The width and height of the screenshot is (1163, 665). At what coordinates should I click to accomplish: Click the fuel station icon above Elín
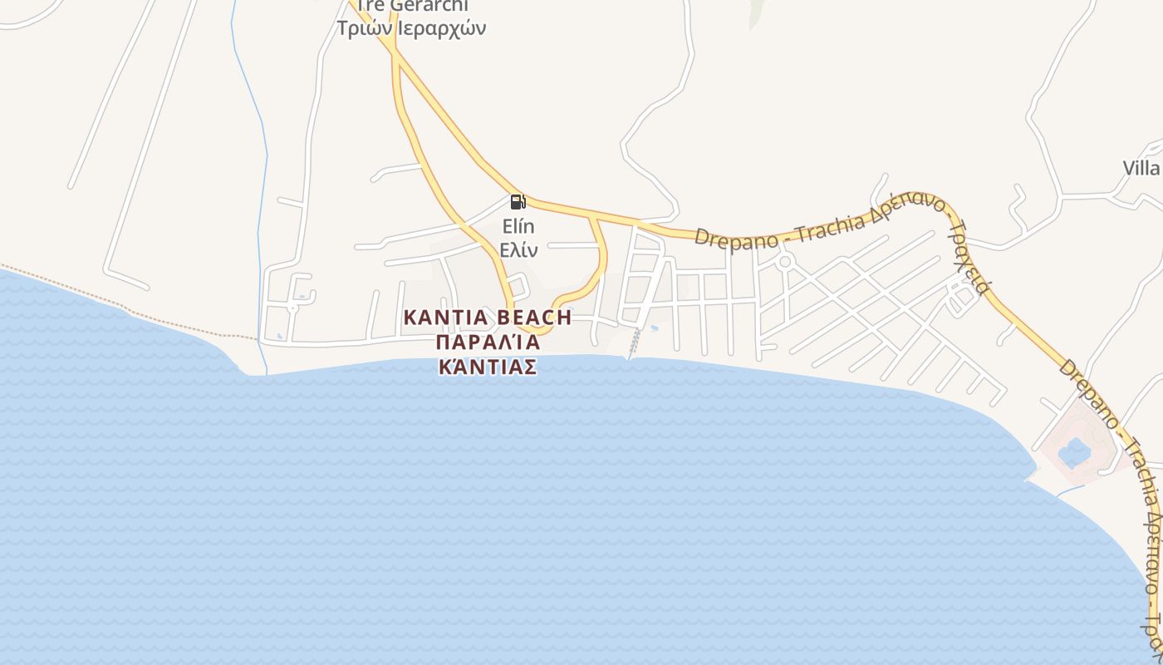[x=517, y=201]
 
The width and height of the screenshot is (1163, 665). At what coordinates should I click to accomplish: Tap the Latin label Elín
[x=518, y=226]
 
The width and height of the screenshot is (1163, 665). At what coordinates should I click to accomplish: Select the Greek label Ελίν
[x=518, y=249]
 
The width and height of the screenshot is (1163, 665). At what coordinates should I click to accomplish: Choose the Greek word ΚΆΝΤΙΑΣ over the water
[x=488, y=367]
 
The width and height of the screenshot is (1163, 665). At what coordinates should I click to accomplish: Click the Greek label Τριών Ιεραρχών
[x=411, y=27]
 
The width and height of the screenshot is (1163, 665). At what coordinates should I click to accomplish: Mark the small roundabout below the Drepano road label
[x=785, y=262]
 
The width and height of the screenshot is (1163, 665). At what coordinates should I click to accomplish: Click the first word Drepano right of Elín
[x=735, y=237]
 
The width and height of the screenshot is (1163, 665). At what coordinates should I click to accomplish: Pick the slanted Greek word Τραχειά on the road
[x=970, y=258]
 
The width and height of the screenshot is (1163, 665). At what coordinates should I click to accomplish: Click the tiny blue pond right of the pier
[x=655, y=329]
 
